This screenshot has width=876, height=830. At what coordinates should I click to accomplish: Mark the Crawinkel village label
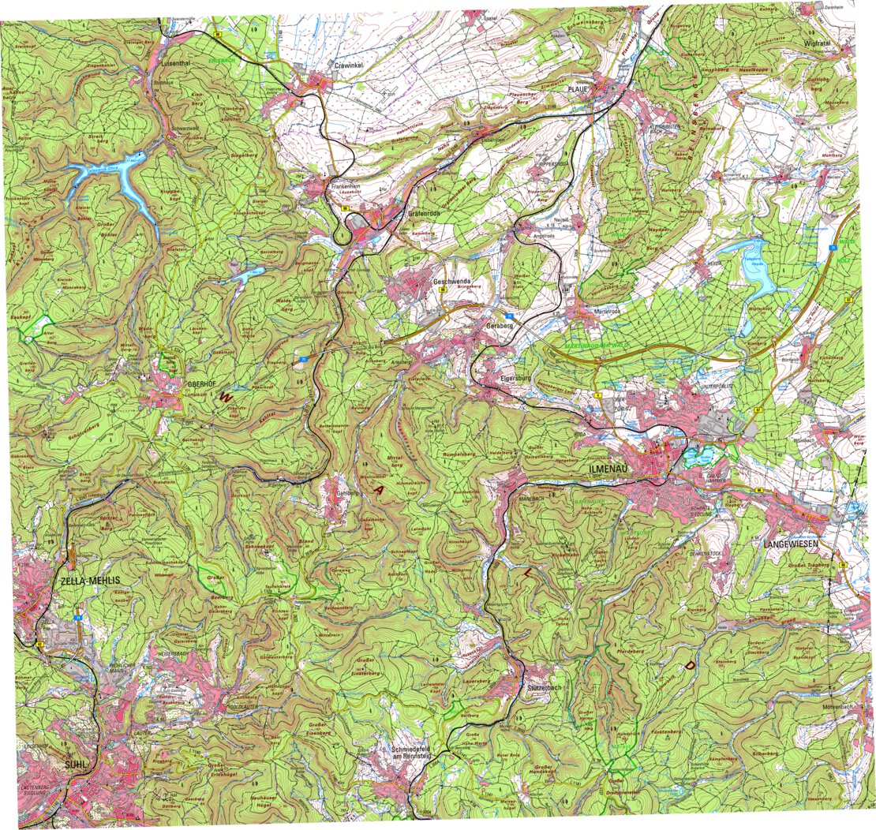tap(348, 66)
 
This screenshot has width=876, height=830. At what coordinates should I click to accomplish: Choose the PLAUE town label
tap(578, 90)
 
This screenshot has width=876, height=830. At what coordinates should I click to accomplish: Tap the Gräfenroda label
tap(423, 214)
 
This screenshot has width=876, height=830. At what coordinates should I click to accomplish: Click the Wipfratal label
tap(819, 43)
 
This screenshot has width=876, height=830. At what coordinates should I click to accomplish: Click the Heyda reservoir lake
tap(758, 268)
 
